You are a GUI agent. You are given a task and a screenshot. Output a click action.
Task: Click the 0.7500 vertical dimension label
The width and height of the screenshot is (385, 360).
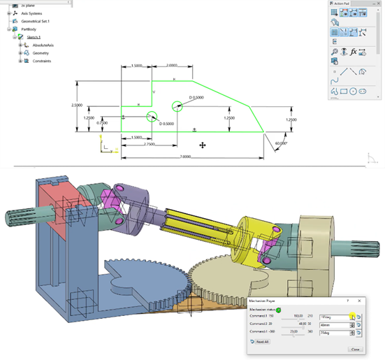click(x=103, y=123)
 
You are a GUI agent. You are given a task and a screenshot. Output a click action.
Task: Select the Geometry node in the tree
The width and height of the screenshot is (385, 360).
click(x=41, y=53)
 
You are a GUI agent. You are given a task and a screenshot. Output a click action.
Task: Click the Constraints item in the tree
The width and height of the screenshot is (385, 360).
click(x=43, y=61)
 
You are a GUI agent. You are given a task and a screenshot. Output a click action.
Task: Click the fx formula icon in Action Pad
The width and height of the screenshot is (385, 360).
click(x=354, y=52)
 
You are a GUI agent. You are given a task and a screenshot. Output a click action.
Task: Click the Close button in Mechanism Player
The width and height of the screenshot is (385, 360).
click(x=354, y=348)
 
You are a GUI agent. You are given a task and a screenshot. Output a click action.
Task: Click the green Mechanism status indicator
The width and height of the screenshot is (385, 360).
click(x=279, y=309)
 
